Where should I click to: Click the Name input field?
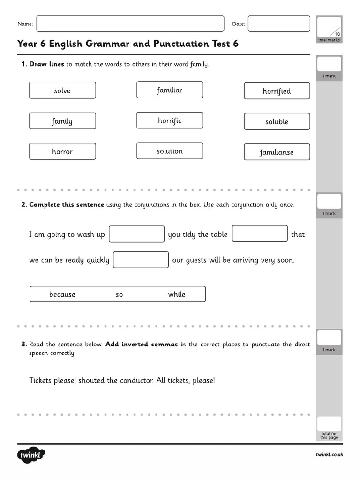click(130, 24)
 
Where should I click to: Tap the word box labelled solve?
click(62, 90)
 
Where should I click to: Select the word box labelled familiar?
click(170, 90)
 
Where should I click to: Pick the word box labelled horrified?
click(277, 91)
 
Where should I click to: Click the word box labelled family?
click(62, 121)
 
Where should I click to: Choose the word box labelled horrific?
click(170, 120)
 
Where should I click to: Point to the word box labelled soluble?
click(277, 121)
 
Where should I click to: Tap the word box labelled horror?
click(62, 151)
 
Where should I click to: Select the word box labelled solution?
click(170, 151)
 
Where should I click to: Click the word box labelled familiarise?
click(277, 152)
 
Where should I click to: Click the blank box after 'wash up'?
click(136, 234)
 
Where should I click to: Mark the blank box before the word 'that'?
click(260, 233)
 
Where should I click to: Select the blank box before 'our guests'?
click(141, 260)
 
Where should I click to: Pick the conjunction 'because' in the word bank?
click(62, 294)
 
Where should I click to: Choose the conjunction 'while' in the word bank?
click(177, 294)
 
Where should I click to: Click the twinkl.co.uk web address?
click(329, 455)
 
